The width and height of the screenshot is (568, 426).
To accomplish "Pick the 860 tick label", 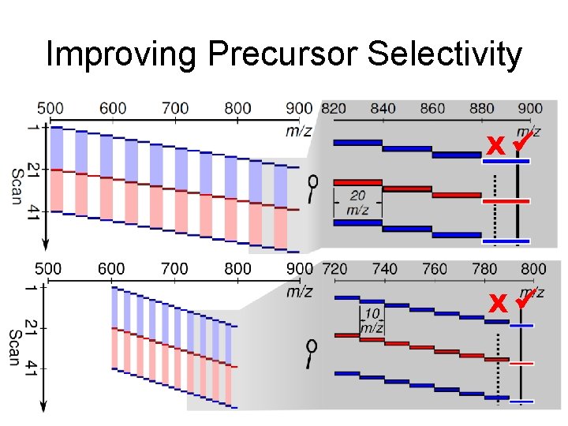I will (x=432, y=108).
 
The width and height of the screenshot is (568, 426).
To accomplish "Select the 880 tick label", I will (x=481, y=108).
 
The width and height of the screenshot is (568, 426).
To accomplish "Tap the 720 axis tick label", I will (x=335, y=269).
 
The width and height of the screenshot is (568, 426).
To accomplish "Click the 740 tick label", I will (x=384, y=269).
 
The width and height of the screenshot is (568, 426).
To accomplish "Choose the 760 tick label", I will (x=435, y=269).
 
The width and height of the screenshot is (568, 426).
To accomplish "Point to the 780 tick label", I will (x=484, y=269).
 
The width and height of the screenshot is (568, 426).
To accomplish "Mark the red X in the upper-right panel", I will (x=495, y=147).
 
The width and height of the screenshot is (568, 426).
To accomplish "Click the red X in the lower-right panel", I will (x=497, y=303).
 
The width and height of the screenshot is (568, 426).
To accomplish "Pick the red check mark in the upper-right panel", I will (x=521, y=143).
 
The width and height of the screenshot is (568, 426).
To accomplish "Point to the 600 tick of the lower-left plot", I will (x=111, y=269).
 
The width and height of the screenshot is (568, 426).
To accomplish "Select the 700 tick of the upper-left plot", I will (x=175, y=108).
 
